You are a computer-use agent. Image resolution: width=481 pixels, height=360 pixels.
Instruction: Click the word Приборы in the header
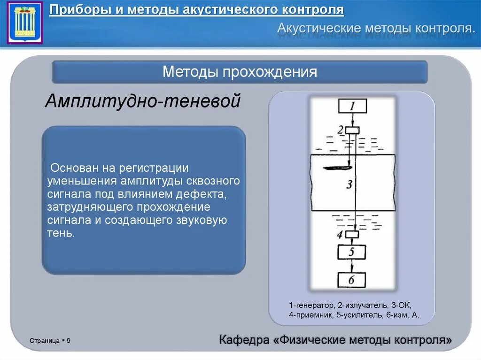point(79,10)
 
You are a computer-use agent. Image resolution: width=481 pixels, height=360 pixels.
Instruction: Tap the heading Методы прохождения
point(240,72)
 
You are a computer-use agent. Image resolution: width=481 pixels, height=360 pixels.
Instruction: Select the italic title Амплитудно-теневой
point(143,101)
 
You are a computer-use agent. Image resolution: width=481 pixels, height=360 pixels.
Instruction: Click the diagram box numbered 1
point(352,106)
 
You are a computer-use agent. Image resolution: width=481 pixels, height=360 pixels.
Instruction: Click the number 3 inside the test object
point(349,184)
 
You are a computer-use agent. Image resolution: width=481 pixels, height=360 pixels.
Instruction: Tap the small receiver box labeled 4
point(352,234)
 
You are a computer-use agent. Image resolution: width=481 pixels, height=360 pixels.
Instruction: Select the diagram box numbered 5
point(352,253)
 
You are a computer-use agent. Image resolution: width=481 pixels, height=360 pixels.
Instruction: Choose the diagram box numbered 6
point(352,280)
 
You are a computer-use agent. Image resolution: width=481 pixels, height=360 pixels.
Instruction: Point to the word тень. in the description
point(61,233)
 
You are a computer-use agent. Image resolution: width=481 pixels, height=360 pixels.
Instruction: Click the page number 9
point(69,340)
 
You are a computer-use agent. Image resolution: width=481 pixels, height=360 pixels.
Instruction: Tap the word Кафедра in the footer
point(244,340)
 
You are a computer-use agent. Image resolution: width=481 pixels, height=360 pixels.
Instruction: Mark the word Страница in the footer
point(44,340)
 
